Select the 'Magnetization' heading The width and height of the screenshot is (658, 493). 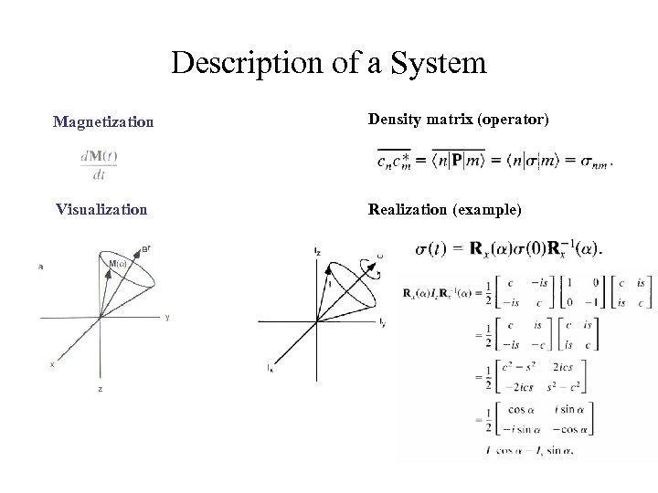(x=103, y=121)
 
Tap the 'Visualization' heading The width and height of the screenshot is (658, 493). (x=101, y=209)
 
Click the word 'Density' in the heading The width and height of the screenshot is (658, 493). (x=394, y=119)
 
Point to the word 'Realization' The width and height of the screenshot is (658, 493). (x=408, y=209)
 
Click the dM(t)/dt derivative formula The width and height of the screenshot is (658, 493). (x=99, y=165)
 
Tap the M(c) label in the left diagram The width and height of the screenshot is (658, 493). (x=118, y=264)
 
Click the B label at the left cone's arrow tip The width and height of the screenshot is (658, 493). (x=146, y=246)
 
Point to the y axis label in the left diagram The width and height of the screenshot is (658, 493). (x=166, y=318)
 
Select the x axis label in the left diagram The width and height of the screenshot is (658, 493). (x=52, y=363)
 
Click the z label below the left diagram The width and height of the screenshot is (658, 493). (x=101, y=389)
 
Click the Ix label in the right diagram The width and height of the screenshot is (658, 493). (x=270, y=368)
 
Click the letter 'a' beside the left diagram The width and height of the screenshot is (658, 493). (x=40, y=267)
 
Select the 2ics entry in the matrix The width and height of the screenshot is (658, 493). (x=562, y=368)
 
